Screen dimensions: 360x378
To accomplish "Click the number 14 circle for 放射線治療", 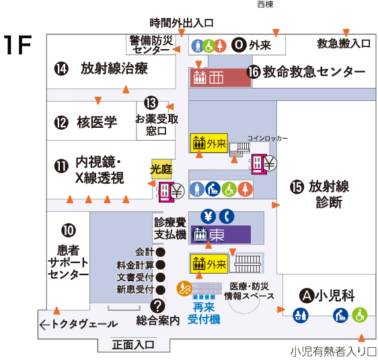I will (x=62, y=69).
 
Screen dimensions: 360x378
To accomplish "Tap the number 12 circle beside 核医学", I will (x=61, y=122).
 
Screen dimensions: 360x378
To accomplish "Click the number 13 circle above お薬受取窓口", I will (x=151, y=104).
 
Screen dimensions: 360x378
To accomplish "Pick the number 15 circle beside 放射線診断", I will (x=297, y=187).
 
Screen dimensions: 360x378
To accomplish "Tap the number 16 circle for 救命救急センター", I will (x=254, y=72).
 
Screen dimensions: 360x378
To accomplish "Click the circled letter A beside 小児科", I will (x=307, y=295).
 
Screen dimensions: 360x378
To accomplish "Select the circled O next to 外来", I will (x=239, y=45).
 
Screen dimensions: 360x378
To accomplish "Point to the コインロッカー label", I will (x=268, y=138).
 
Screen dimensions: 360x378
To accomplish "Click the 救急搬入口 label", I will (x=344, y=44).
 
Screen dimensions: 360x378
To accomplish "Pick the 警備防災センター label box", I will (x=151, y=45).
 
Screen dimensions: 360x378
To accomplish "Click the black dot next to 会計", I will (x=161, y=252).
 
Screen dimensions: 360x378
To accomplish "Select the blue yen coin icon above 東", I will (x=208, y=217).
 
